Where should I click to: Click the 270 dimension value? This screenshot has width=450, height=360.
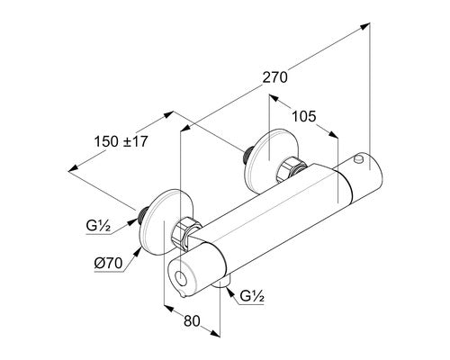point(274,77)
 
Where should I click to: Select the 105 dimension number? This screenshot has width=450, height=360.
point(304,116)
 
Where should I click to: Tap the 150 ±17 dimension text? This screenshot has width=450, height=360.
point(121,141)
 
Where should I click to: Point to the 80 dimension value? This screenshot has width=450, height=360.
point(192,321)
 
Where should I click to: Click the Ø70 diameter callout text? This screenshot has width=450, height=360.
point(108,264)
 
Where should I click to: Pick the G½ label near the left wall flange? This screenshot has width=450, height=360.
point(98,226)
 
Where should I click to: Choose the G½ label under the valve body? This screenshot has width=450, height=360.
point(252,296)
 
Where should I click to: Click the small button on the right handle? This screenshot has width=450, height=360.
point(358,159)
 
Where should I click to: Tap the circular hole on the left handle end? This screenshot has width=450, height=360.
point(181,278)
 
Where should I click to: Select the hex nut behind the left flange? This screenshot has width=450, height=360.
point(186,232)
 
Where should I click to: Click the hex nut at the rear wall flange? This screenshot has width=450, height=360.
point(291,169)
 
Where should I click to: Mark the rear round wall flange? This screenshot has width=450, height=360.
point(272,162)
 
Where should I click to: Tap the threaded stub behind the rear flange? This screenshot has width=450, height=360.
point(248,154)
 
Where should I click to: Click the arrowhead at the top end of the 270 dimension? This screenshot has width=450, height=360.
point(364,26)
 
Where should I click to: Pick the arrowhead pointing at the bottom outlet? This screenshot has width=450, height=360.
point(230,292)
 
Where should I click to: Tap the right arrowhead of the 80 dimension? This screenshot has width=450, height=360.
point(215,333)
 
